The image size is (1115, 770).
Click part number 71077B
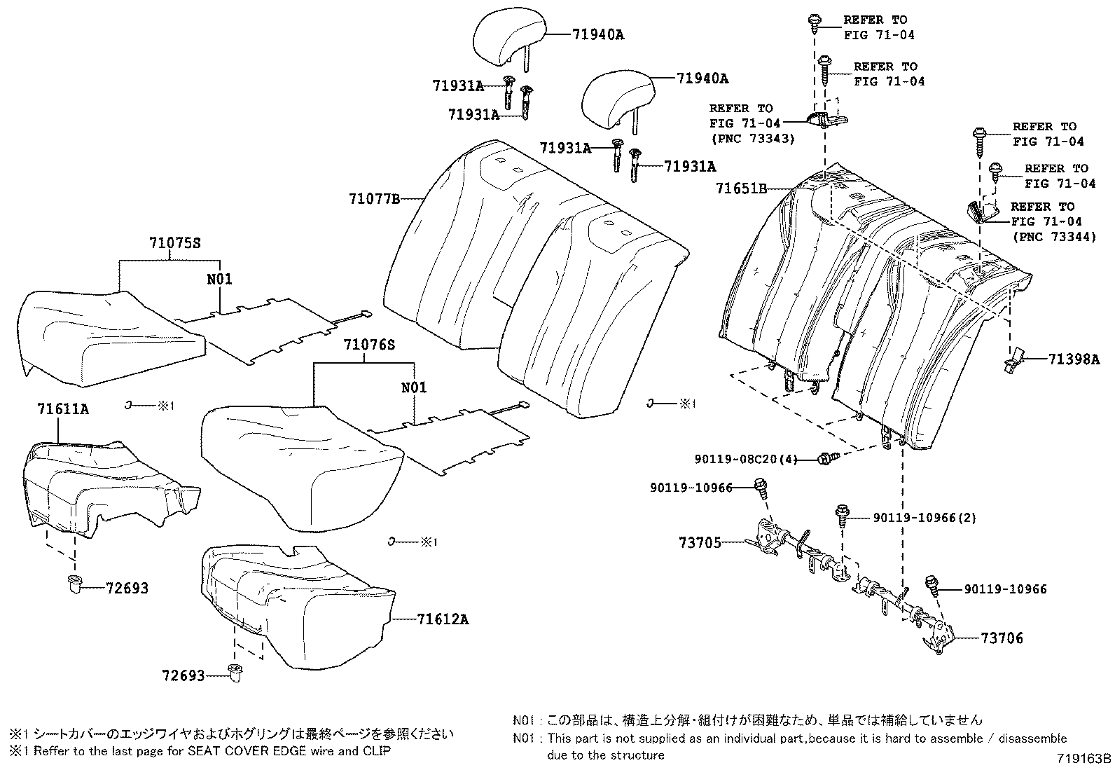coord(374,199)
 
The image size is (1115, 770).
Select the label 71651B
coord(742,188)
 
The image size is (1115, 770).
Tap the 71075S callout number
coord(174,243)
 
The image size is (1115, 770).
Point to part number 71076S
coord(369,345)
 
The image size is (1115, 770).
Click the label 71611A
coord(62,408)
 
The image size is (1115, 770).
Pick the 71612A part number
coord(443,619)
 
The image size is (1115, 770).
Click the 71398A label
coord(1074,359)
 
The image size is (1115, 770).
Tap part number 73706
coord(1002,638)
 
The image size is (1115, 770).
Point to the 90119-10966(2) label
coord(924,518)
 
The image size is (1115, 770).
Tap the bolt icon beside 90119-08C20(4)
coord(827,460)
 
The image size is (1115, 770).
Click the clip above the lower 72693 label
coord(236,673)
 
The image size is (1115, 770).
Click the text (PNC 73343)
coord(752,139)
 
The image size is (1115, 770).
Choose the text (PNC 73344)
coord(1053,237)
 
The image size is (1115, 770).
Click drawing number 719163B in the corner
coord(1084,758)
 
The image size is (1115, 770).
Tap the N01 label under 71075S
coord(219,279)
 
